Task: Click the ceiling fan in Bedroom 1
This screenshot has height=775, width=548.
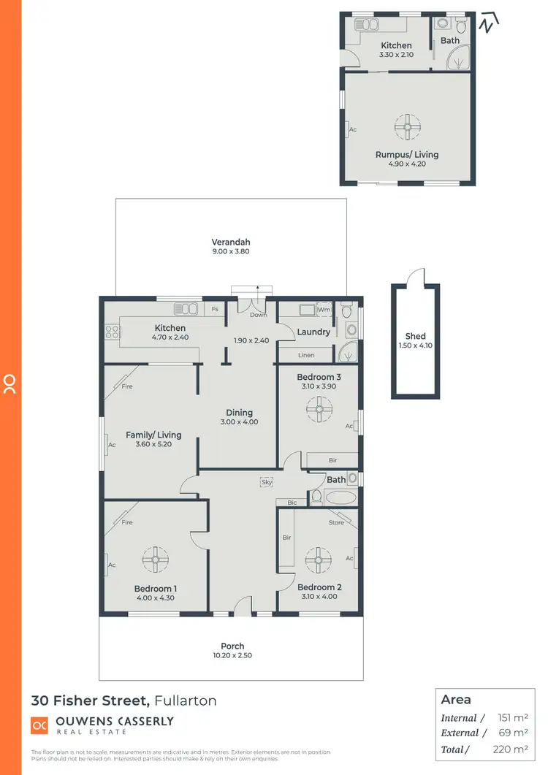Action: pyautogui.click(x=155, y=560)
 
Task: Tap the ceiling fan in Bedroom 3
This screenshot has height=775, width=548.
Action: pyautogui.click(x=319, y=410)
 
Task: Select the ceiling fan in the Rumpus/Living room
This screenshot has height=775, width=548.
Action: pyautogui.click(x=406, y=127)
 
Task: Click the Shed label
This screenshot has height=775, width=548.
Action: pyautogui.click(x=416, y=337)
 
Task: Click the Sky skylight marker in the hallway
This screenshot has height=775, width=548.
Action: pyautogui.click(x=267, y=482)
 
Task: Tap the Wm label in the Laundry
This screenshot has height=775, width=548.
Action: pyautogui.click(x=324, y=310)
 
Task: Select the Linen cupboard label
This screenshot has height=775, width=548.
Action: pyautogui.click(x=307, y=355)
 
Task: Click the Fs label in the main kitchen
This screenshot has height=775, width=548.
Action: pyautogui.click(x=215, y=310)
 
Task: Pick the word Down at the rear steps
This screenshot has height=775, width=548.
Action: pyautogui.click(x=258, y=316)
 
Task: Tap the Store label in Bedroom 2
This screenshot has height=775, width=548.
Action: pyautogui.click(x=336, y=522)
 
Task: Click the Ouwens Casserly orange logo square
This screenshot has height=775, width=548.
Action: pyautogui.click(x=39, y=725)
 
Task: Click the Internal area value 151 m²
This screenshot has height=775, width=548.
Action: pyautogui.click(x=511, y=719)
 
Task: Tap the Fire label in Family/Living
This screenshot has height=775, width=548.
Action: pyautogui.click(x=127, y=386)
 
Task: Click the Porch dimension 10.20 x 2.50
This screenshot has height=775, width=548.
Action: pyautogui.click(x=232, y=656)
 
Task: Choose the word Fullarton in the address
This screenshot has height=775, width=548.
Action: pyautogui.click(x=186, y=700)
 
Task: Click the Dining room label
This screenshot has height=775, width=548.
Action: pyautogui.click(x=239, y=413)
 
